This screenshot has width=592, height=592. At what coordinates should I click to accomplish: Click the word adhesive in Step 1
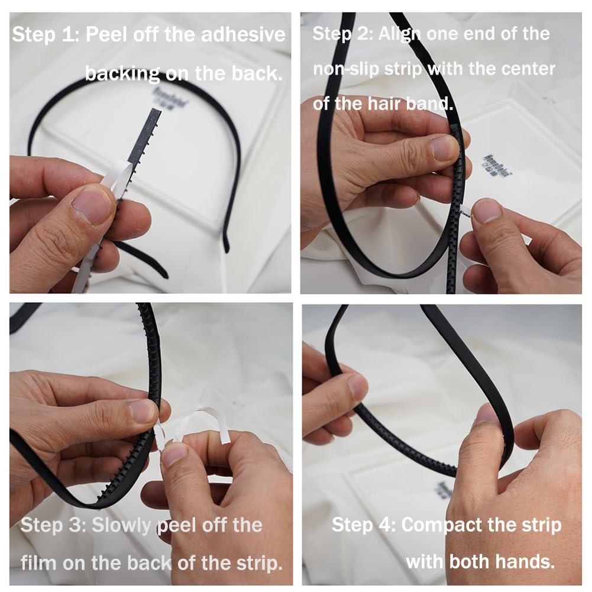[x=243, y=34]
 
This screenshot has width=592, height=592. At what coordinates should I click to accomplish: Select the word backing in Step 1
[x=122, y=73]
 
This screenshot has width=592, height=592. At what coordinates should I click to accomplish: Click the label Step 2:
[x=342, y=34]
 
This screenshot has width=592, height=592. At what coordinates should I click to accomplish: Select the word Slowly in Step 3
[x=121, y=526]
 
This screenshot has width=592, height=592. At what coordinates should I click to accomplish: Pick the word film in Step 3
[x=39, y=562]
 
